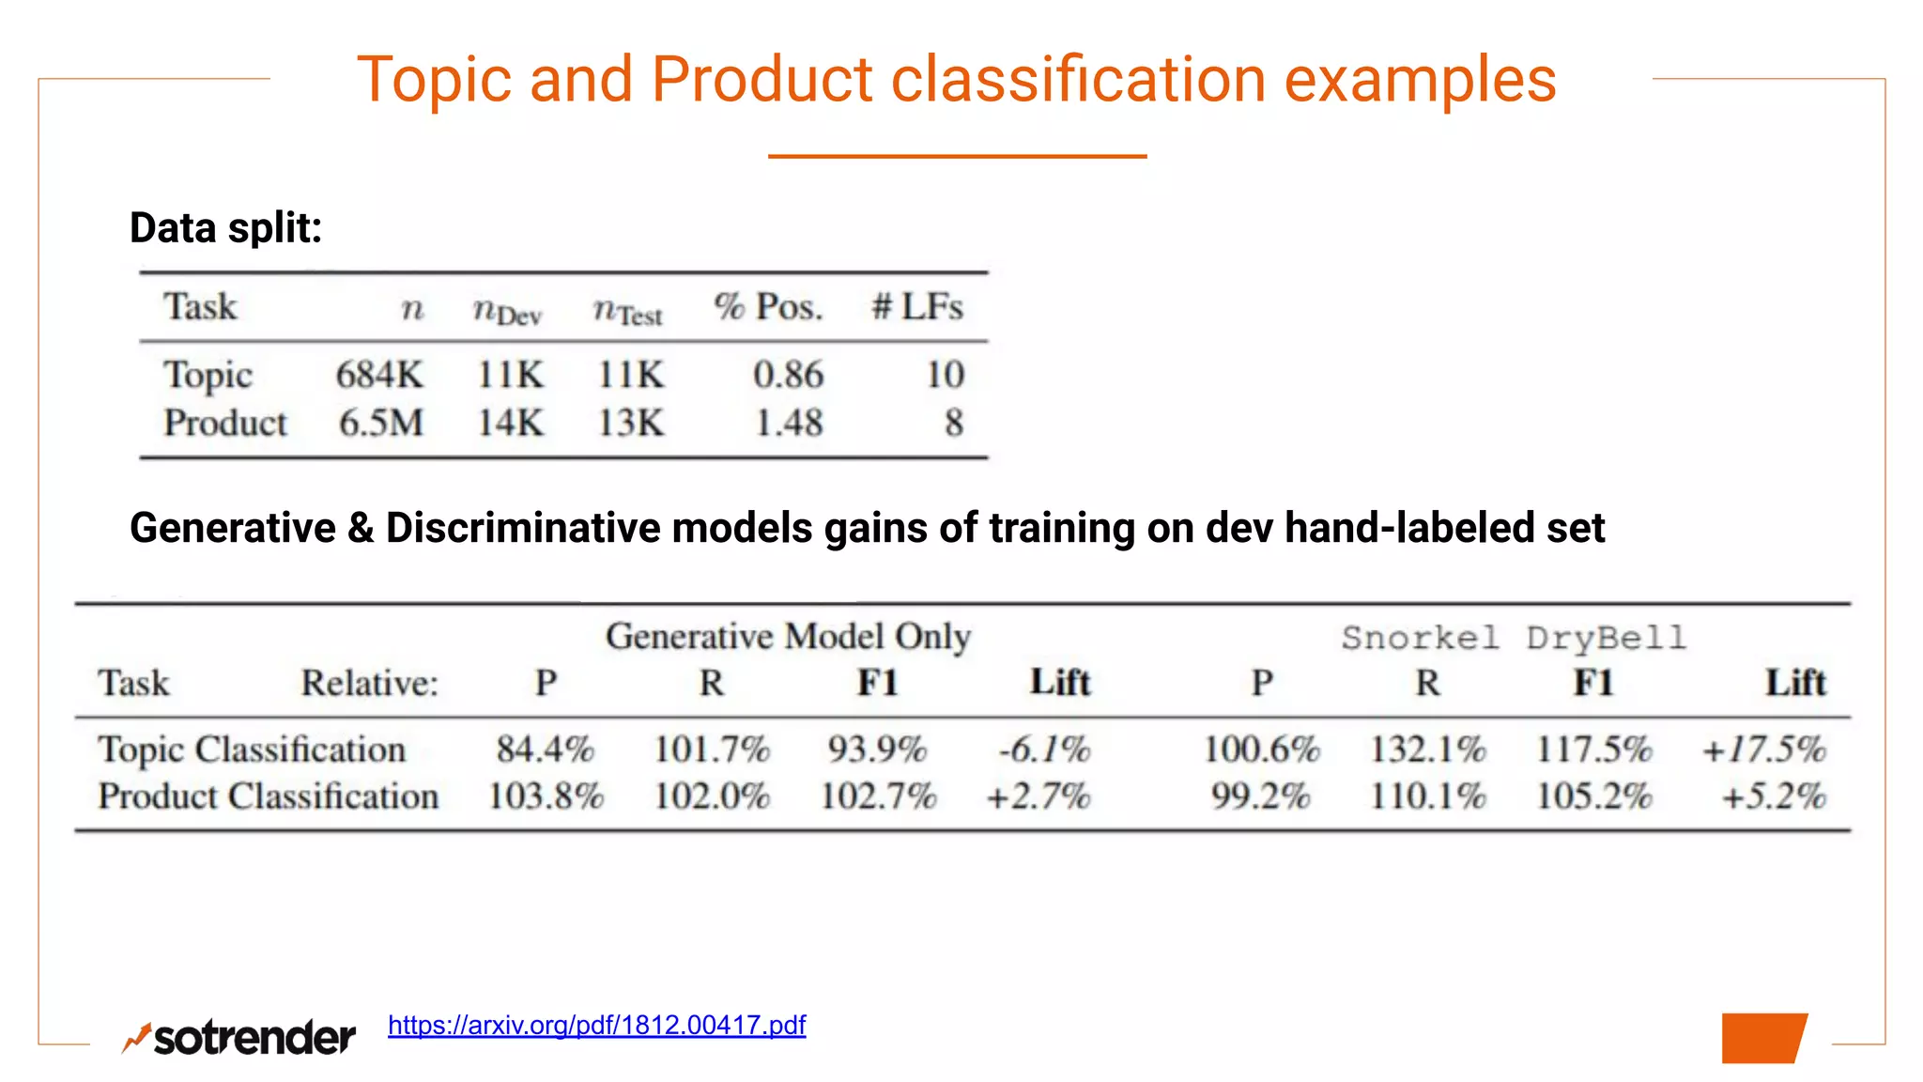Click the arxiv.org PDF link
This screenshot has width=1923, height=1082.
(x=596, y=1025)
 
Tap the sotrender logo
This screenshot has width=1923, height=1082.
(x=239, y=1037)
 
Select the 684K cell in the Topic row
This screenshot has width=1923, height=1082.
(x=379, y=375)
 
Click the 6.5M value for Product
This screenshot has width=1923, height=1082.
(x=381, y=423)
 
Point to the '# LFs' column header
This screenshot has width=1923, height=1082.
(x=917, y=307)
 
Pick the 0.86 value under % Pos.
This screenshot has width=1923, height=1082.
(x=788, y=375)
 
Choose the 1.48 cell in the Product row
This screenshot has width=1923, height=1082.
(x=789, y=423)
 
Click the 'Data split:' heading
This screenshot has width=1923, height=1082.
(x=225, y=228)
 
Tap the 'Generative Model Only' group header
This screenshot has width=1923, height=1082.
(x=788, y=637)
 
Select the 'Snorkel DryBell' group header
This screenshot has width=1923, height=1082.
(x=1514, y=638)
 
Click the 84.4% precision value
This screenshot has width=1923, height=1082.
(x=545, y=750)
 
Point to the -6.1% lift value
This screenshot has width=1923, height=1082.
(x=1044, y=750)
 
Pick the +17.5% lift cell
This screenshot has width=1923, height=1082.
(x=1764, y=750)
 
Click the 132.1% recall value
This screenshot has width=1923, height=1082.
(x=1427, y=750)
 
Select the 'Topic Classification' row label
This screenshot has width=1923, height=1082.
(x=252, y=750)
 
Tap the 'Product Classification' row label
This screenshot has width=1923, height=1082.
(x=269, y=796)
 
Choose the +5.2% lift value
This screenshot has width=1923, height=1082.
(x=1774, y=796)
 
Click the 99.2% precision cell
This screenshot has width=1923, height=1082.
(x=1260, y=796)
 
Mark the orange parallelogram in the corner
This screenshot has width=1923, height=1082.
(x=1763, y=1038)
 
